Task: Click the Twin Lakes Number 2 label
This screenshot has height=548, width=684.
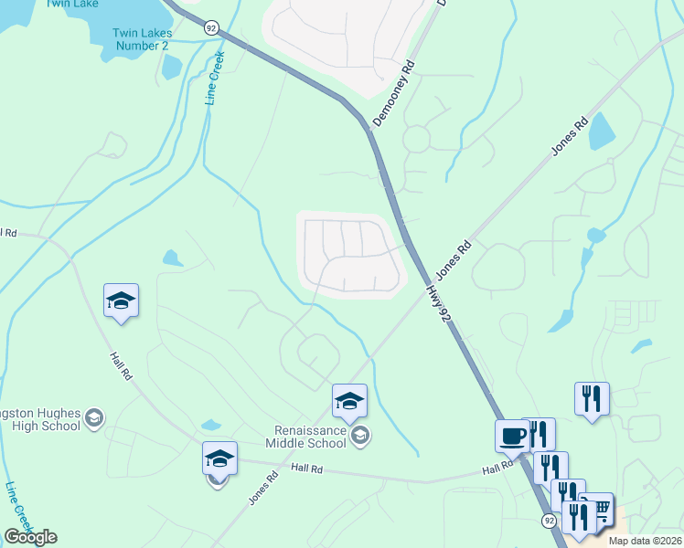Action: coord(140,39)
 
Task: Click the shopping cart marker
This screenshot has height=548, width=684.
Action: coord(599,508)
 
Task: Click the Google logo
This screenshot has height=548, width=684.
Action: coord(30,537)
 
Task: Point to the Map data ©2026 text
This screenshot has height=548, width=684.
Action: coord(646,541)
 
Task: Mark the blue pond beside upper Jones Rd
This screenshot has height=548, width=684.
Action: coord(603,132)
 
